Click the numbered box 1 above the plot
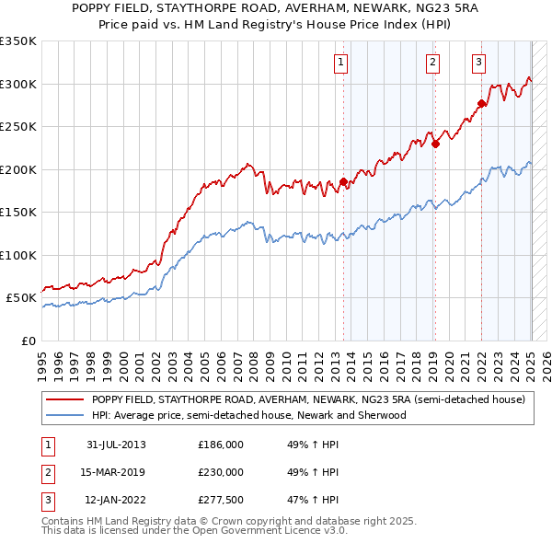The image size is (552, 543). (340, 63)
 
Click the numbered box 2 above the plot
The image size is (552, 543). (432, 63)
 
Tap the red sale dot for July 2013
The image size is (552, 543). (343, 182)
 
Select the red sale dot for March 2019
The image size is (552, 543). (436, 143)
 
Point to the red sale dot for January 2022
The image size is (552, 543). (481, 103)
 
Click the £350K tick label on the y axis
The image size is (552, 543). (18, 41)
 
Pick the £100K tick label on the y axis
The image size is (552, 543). (18, 255)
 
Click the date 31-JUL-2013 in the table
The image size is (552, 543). (116, 445)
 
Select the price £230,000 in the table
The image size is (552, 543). (220, 472)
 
